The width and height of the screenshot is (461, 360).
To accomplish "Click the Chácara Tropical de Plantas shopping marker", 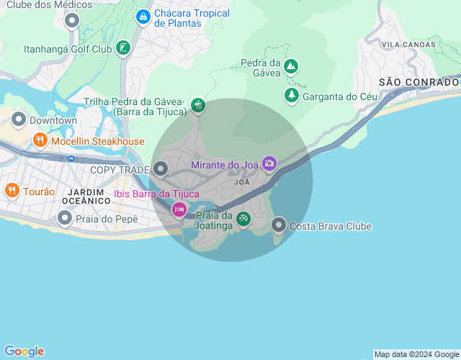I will [x=143, y=16].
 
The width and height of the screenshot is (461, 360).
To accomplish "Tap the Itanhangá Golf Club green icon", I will [x=123, y=48].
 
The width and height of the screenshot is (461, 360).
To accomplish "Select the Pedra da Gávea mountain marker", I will [x=290, y=67].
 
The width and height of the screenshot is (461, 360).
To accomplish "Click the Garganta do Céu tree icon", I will [x=291, y=95].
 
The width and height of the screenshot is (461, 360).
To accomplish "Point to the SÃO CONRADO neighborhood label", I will [x=419, y=82].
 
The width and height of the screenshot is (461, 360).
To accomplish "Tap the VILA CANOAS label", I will [x=408, y=45].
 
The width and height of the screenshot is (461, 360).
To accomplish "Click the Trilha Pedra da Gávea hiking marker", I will [x=198, y=106].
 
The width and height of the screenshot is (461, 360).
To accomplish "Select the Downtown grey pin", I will [x=19, y=120].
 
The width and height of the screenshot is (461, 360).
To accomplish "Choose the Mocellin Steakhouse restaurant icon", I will [x=40, y=140].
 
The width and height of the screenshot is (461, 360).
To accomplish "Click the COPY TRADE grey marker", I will [x=161, y=169].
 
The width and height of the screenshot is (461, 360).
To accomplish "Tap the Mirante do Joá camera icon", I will [x=269, y=163].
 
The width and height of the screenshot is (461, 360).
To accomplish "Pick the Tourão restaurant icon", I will [x=12, y=191].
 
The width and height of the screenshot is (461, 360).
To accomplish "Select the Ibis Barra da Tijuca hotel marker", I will [x=179, y=210].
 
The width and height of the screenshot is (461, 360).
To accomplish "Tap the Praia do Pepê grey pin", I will [x=65, y=217].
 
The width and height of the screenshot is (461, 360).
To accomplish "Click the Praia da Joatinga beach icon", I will [x=243, y=217].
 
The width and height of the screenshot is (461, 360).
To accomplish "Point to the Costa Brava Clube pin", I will [x=279, y=225].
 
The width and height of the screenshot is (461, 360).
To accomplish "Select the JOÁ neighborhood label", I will [x=242, y=182].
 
